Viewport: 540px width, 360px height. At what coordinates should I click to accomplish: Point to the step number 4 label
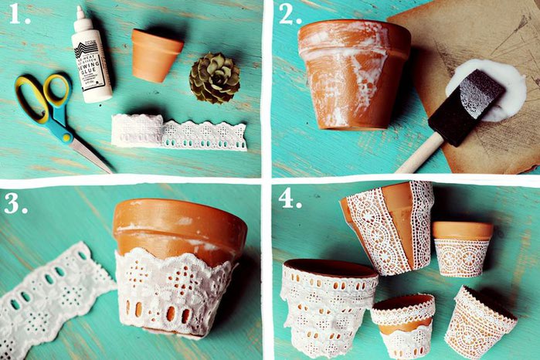(x=290, y=199)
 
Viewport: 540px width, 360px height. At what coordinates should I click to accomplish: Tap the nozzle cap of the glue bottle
(x=80, y=13)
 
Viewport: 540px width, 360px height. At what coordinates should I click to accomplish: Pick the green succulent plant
(x=214, y=77)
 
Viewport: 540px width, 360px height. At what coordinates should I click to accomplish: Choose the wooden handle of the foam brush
(x=420, y=154)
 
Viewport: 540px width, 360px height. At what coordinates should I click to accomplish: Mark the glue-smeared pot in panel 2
(x=353, y=73)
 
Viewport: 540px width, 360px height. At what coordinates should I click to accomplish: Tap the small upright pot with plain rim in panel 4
(x=461, y=248)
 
